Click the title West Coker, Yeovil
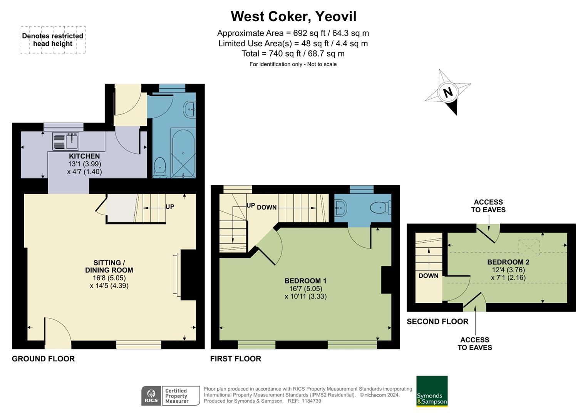(293, 17)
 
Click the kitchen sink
(66, 141)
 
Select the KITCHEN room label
(84, 156)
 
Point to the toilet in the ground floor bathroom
(160, 168)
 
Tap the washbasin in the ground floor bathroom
(190, 109)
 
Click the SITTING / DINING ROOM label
(109, 267)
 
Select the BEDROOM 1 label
(305, 281)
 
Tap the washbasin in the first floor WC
(340, 208)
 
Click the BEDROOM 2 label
(508, 262)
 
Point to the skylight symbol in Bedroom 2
(529, 248)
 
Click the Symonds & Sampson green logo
(432, 391)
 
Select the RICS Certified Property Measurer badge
(171, 396)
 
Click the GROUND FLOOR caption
(43, 359)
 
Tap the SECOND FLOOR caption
(437, 321)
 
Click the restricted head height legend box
(53, 40)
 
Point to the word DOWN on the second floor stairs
(428, 276)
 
